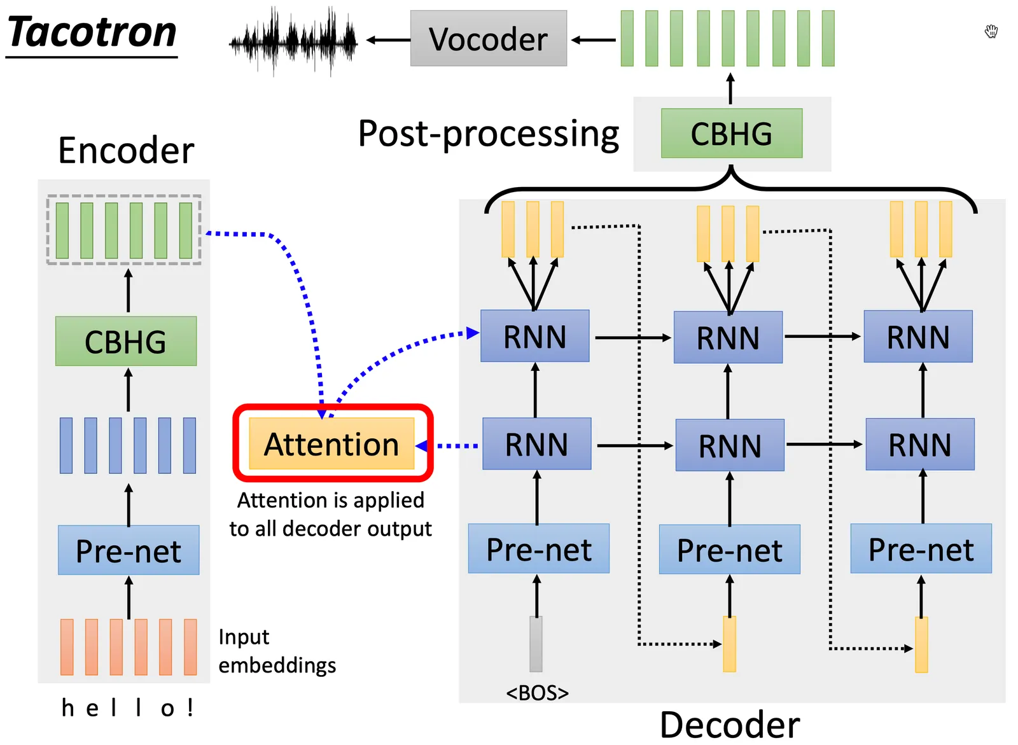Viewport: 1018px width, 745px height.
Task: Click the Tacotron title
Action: (92, 33)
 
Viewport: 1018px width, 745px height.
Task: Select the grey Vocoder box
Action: (488, 39)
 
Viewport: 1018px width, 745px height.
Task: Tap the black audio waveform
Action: (293, 41)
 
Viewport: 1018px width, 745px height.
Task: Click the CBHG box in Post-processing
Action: (731, 134)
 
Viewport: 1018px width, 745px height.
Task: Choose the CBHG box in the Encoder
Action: (125, 342)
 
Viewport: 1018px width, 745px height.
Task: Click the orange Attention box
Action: (331, 444)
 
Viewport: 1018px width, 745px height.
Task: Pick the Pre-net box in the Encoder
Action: (129, 550)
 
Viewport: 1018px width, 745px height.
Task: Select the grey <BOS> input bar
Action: (536, 644)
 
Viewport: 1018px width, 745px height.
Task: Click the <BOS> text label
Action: (537, 693)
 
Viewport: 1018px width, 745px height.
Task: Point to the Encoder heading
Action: (126, 151)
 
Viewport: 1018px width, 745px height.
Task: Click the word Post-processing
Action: (488, 134)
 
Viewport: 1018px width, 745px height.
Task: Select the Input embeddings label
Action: (277, 651)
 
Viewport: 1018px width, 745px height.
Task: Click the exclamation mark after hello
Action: (190, 707)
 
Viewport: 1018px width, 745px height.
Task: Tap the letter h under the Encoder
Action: (67, 707)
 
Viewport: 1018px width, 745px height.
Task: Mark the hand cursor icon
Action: (991, 31)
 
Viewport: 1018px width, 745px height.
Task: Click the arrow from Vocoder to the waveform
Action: (388, 40)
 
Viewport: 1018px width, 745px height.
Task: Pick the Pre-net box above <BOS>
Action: (538, 549)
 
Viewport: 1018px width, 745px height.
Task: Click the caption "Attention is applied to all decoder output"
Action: (330, 515)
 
